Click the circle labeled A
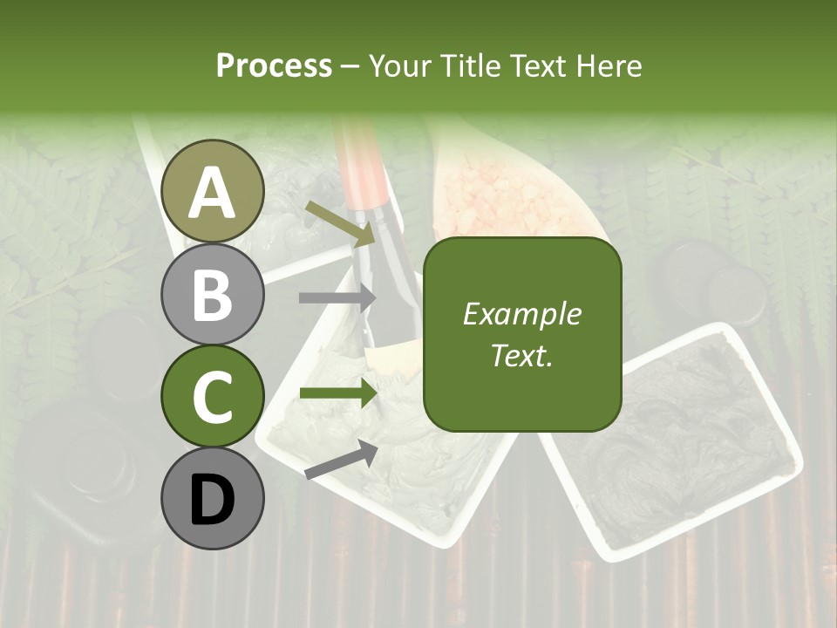[213, 191]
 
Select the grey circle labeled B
[213, 294]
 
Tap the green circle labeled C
[213, 397]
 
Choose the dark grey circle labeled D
[213, 499]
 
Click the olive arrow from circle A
[341, 223]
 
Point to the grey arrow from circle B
[337, 298]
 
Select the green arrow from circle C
[337, 393]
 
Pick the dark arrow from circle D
[341, 460]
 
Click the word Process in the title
[274, 65]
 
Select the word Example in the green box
[521, 314]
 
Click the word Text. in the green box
[521, 355]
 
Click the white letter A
[213, 193]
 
